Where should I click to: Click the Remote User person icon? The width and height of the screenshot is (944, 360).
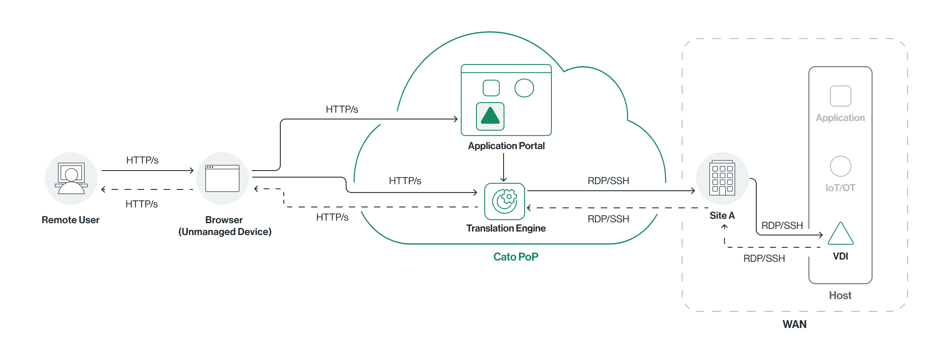(x=71, y=178)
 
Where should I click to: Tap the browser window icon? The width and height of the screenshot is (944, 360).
(x=222, y=178)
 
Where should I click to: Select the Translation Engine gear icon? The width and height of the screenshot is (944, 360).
(x=504, y=201)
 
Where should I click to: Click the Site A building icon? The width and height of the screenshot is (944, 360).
(x=722, y=178)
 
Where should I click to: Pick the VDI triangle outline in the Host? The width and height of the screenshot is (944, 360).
(x=840, y=234)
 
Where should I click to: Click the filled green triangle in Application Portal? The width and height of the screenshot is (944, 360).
(x=490, y=116)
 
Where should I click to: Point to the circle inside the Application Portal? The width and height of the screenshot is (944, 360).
(x=524, y=88)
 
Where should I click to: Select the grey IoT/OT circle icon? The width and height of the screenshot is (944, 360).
(x=840, y=166)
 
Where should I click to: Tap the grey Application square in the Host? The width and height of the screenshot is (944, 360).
(x=840, y=96)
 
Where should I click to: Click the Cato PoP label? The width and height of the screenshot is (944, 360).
(x=515, y=257)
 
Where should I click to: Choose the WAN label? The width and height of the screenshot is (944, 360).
(x=794, y=324)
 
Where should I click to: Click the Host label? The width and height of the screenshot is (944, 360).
(x=840, y=296)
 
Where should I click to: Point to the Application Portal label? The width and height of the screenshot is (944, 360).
(x=506, y=146)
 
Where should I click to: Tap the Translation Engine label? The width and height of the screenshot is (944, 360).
(x=506, y=228)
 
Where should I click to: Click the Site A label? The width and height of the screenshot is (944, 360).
(x=722, y=216)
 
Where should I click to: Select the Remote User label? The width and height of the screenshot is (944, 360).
(x=71, y=220)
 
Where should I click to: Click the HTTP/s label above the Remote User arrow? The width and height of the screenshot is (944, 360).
(x=142, y=160)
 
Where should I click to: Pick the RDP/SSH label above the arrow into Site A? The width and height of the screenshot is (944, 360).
(x=608, y=181)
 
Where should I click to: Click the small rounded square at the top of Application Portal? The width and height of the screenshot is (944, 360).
(x=491, y=88)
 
